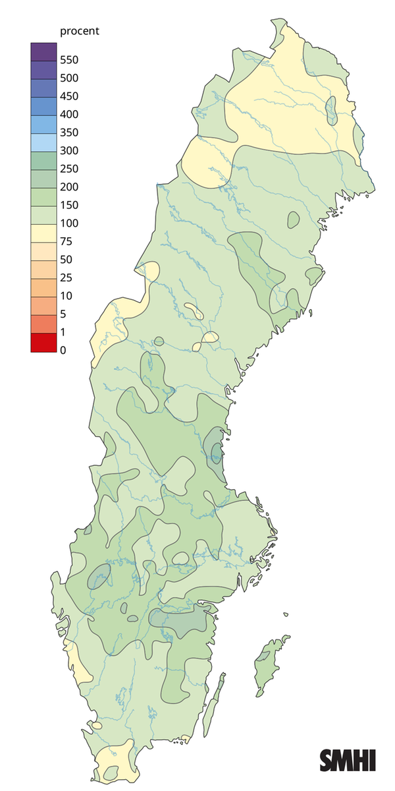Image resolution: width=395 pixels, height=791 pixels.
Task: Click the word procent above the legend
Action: (80, 31)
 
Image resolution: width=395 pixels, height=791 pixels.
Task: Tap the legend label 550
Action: (69, 60)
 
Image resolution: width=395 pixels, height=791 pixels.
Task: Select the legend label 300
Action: (69, 150)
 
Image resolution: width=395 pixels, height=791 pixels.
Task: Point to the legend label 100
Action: (69, 223)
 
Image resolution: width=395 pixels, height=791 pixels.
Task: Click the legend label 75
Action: (66, 241)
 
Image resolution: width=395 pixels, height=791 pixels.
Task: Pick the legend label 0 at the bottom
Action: (63, 350)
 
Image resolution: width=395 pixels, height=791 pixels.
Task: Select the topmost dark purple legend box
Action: (43, 51)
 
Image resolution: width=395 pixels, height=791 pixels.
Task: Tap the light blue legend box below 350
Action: (43, 142)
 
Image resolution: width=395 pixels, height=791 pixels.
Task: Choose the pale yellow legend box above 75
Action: (43, 232)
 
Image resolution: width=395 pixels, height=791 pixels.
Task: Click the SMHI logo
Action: (348, 760)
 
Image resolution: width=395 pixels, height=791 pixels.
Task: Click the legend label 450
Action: (69, 96)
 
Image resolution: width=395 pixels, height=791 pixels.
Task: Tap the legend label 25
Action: (66, 278)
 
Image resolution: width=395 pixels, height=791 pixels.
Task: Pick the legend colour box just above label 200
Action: (43, 178)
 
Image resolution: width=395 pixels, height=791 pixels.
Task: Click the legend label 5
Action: (63, 314)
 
